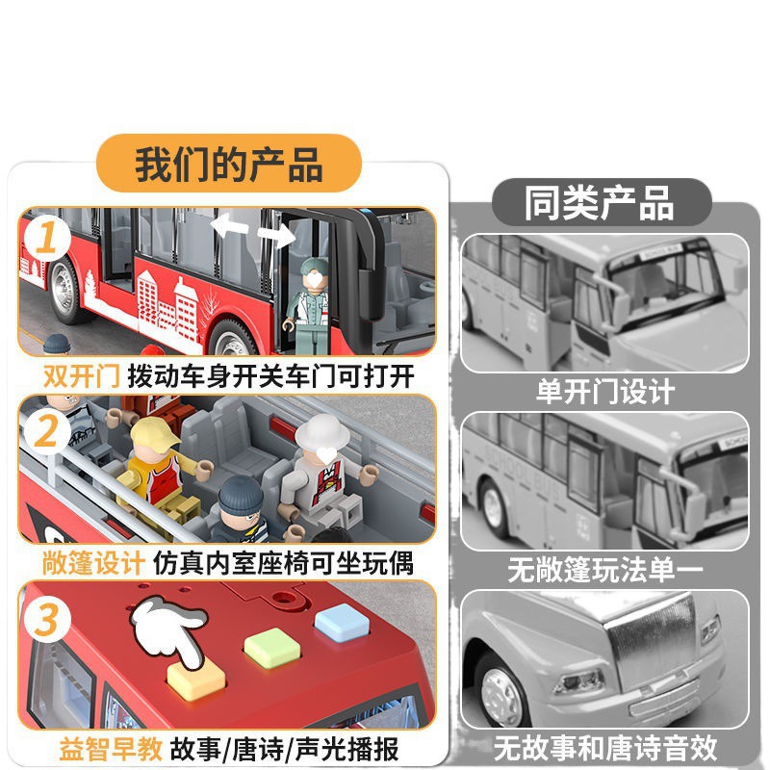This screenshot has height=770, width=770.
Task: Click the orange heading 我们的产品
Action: tap(229, 164)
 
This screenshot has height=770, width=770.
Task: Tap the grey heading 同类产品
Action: tap(601, 202)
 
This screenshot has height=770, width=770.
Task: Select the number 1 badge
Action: tap(46, 238)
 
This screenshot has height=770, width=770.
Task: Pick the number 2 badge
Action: tap(46, 431)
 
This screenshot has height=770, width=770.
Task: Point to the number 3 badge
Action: tap(46, 620)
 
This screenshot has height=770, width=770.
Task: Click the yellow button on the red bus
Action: tap(196, 679)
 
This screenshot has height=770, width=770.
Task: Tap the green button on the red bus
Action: tap(272, 648)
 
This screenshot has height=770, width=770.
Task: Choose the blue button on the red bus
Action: tap(342, 622)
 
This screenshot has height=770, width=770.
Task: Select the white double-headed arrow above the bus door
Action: tap(253, 229)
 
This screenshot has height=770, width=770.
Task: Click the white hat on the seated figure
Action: tap(322, 430)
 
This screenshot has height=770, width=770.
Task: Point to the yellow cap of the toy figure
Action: tap(155, 433)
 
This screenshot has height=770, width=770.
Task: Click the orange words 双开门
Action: tap(82, 376)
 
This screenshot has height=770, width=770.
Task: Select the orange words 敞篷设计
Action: tap(93, 563)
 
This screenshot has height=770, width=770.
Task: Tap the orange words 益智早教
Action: tap(111, 749)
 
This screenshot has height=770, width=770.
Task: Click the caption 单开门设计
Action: tap(605, 392)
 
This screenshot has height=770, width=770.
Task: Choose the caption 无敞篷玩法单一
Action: tap(605, 570)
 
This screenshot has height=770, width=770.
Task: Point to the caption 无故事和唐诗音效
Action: tap(605, 748)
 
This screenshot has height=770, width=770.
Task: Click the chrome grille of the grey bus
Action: tap(651, 644)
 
